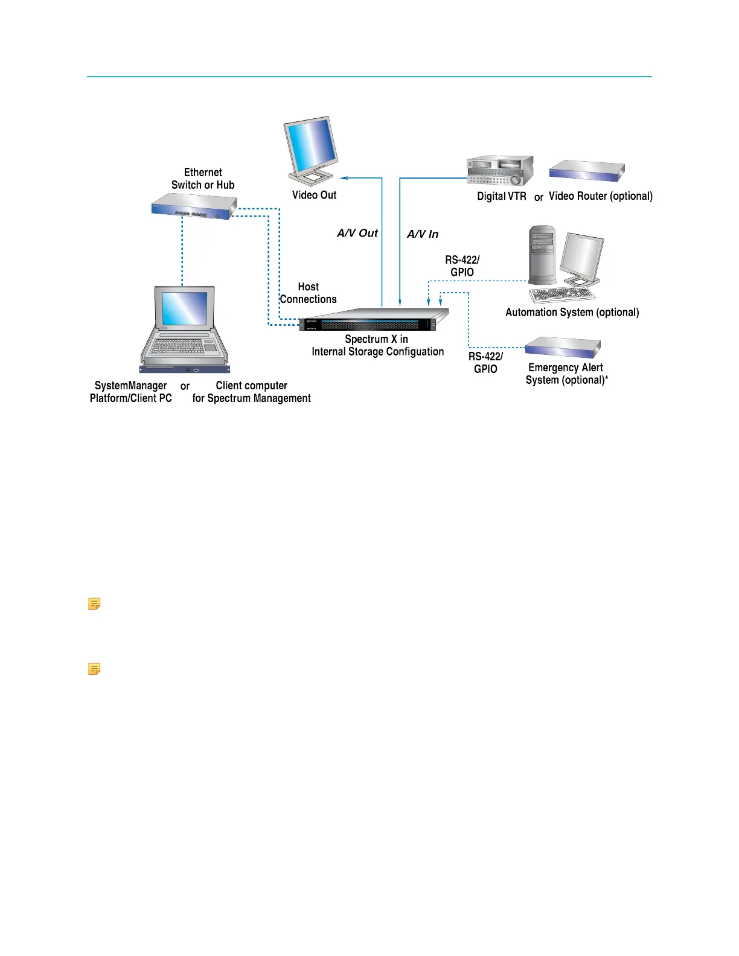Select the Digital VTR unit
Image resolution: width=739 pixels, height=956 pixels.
(x=501, y=171)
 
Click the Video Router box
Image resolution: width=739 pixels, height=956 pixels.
(x=587, y=171)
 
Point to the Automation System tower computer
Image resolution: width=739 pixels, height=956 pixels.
(x=542, y=255)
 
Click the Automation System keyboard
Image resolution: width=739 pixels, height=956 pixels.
(x=561, y=295)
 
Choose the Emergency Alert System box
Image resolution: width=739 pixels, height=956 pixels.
(x=563, y=348)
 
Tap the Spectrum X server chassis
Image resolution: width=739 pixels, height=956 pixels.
(x=374, y=320)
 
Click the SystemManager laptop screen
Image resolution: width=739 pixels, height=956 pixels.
(x=184, y=308)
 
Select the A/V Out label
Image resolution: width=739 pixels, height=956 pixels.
(x=357, y=234)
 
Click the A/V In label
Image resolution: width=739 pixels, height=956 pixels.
(x=423, y=234)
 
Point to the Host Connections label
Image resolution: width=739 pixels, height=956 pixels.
(x=309, y=293)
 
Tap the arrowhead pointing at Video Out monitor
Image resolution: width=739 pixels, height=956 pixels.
(x=344, y=178)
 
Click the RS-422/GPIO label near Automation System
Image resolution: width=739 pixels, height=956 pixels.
(x=462, y=266)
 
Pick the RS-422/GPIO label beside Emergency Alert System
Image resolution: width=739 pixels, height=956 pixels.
(x=485, y=363)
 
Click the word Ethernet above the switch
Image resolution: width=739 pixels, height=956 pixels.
(x=203, y=173)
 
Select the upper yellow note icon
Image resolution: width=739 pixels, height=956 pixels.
(x=94, y=604)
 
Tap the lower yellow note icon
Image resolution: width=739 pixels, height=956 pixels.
(x=94, y=669)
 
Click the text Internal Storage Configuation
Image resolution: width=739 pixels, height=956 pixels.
(x=378, y=352)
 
